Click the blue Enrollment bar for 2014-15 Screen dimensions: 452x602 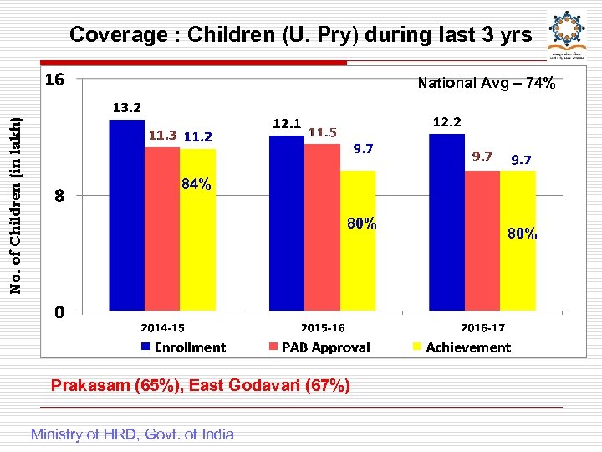[x=127, y=215]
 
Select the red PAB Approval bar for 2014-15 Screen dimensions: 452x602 [x=162, y=229]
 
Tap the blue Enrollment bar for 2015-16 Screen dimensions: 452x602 [x=286, y=223]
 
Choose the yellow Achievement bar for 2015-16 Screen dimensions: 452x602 [x=358, y=240]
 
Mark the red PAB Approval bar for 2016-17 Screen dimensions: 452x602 [x=482, y=240]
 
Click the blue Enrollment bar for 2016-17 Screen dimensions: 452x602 [x=446, y=222]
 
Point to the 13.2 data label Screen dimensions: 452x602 [x=127, y=107]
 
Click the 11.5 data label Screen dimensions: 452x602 [x=322, y=132]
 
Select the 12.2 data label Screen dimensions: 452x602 [x=446, y=122]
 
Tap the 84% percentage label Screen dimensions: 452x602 [x=196, y=184]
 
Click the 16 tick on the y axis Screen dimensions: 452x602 [x=55, y=80]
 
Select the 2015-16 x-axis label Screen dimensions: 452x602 [x=323, y=328]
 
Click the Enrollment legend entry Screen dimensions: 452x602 [x=183, y=347]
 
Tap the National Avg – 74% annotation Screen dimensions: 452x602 [x=486, y=83]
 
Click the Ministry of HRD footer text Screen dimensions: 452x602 [x=132, y=434]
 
